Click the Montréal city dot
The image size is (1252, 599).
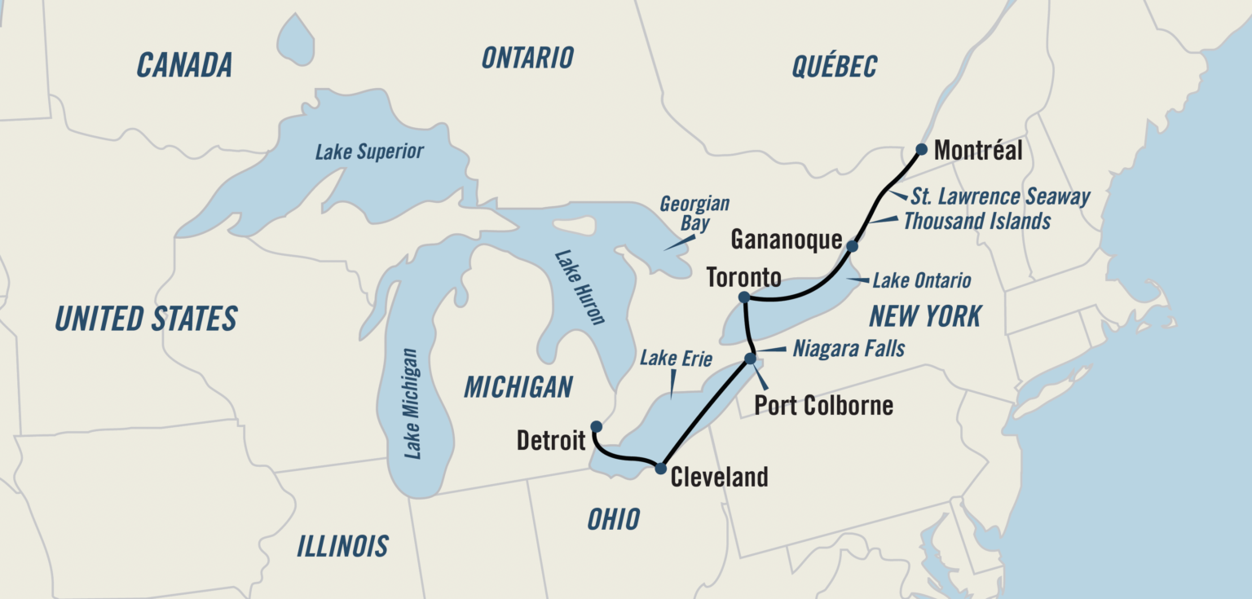921,149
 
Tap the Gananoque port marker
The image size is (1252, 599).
852,245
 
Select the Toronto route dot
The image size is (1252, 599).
743,297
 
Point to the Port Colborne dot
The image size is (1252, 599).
750,359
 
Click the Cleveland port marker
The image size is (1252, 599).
660,468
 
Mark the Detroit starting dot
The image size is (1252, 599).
596,426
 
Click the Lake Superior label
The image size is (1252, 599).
369,152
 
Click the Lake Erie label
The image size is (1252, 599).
676,357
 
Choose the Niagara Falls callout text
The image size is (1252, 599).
849,349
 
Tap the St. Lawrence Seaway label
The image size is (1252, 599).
1000,196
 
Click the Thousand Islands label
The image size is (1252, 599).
976,220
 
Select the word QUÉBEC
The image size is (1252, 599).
834,66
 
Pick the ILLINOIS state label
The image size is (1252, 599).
342,545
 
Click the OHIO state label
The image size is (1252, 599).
614,518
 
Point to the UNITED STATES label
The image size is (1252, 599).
146,318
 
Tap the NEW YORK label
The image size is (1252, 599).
924,315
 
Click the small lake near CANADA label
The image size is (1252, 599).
296,39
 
